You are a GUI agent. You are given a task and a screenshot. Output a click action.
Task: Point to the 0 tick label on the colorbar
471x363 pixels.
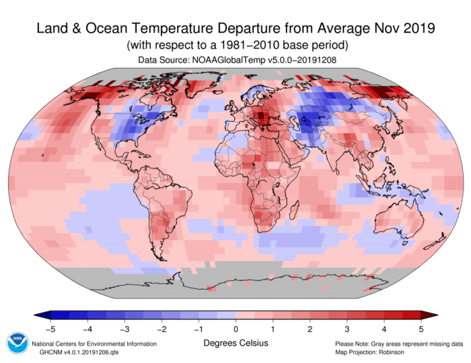coord(235,329)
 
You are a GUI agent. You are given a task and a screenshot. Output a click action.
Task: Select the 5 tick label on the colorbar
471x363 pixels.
coord(421,329)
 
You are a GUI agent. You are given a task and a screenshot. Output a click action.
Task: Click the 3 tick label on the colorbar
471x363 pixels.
coord(347,329)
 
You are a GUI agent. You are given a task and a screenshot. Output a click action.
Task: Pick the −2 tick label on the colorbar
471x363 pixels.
coord(161,329)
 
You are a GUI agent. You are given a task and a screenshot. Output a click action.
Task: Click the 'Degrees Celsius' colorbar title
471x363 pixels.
coord(235,344)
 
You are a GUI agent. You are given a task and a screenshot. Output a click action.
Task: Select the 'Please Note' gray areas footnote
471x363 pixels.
coord(399,344)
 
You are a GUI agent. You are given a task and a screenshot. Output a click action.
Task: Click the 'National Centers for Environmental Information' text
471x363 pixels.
coord(94,344)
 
